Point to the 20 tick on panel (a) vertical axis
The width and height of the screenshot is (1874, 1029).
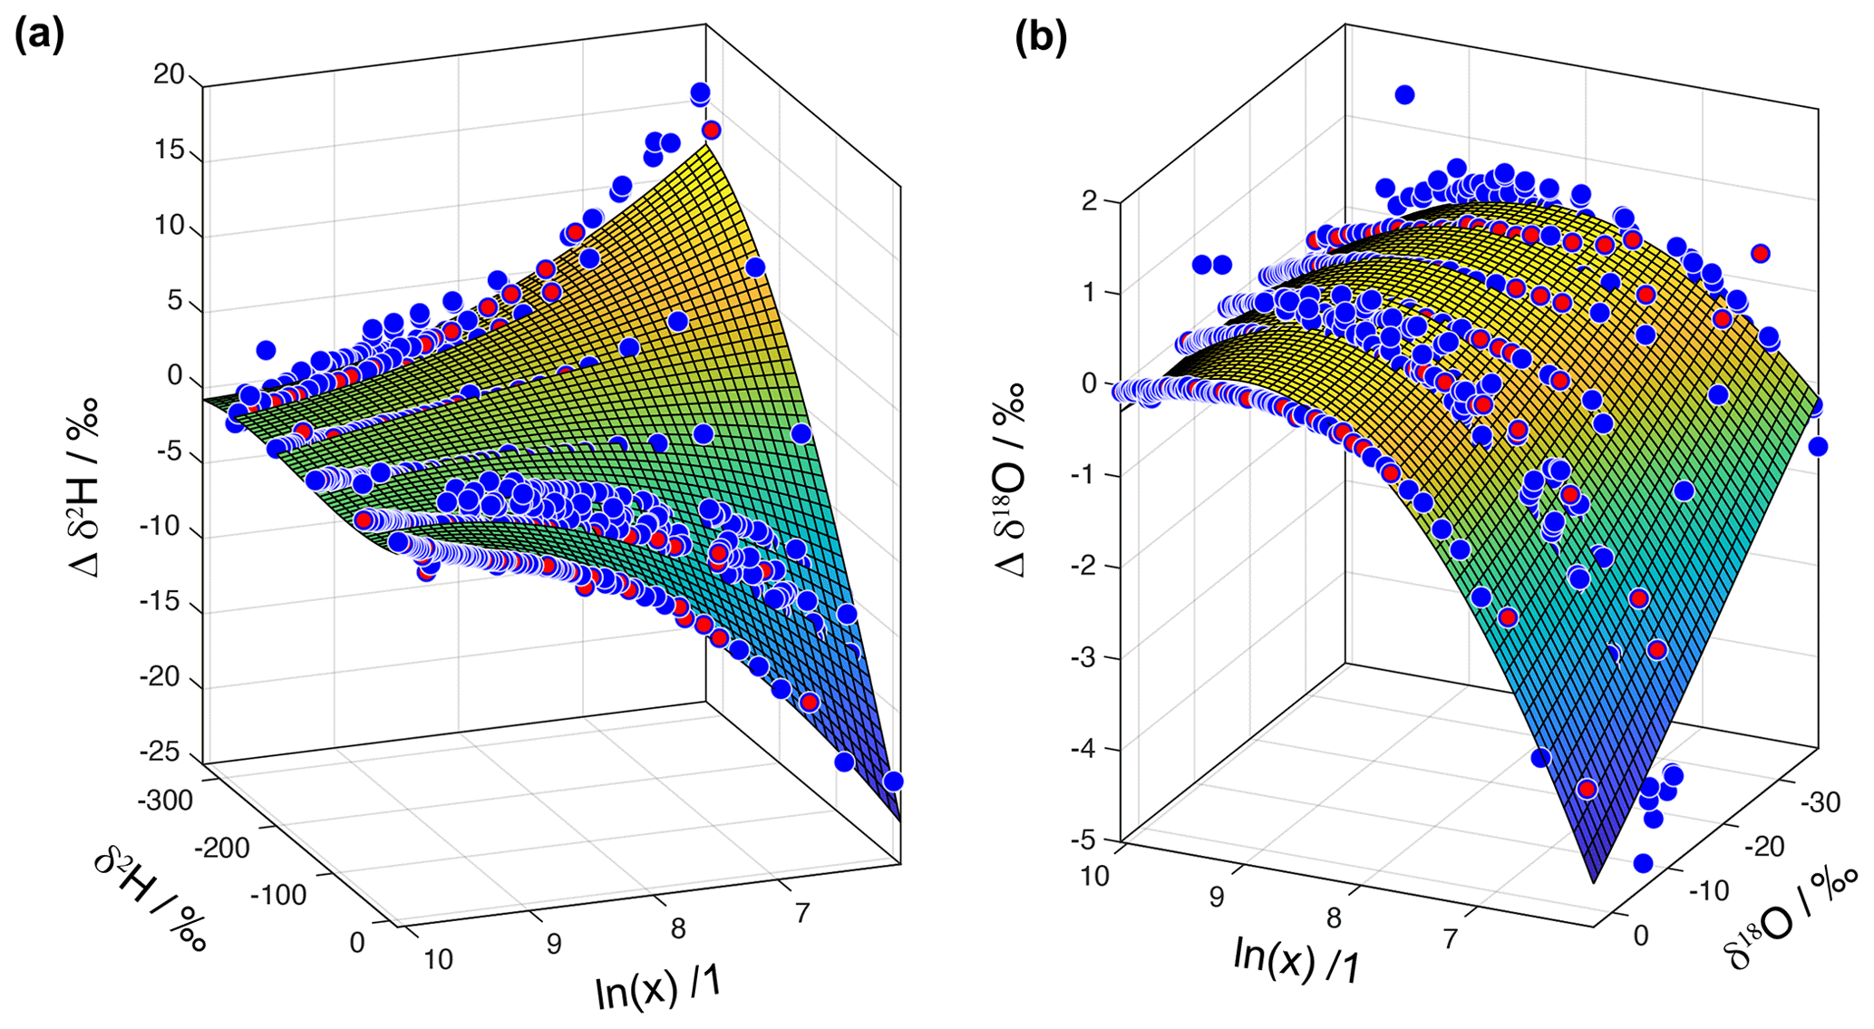(169, 75)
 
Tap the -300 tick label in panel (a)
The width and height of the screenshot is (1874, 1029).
(166, 801)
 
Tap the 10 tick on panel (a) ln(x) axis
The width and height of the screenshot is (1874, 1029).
(438, 959)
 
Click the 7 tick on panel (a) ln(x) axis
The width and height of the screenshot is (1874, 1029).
(801, 913)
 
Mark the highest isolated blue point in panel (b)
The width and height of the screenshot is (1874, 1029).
(1404, 94)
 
